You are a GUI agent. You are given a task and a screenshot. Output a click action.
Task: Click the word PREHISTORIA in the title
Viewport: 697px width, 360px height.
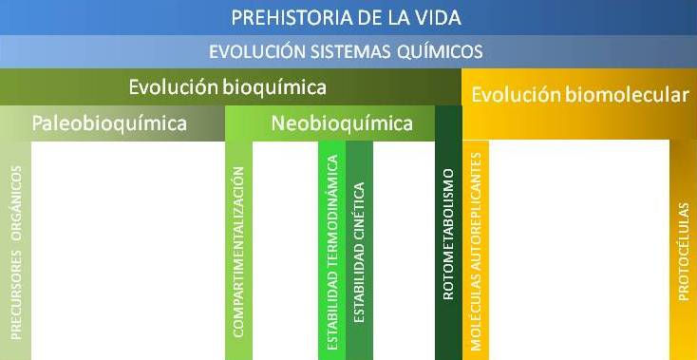click(x=284, y=18)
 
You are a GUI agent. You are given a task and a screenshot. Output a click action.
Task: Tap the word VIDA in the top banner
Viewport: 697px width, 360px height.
click(x=438, y=18)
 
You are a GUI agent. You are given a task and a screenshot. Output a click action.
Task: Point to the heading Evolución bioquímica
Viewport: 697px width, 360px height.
click(x=228, y=87)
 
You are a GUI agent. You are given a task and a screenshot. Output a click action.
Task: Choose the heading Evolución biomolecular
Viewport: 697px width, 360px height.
click(x=579, y=95)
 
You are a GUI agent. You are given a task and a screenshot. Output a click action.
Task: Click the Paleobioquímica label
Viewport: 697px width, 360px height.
click(x=109, y=123)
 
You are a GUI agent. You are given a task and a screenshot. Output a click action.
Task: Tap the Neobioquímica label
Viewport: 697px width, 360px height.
click(x=342, y=123)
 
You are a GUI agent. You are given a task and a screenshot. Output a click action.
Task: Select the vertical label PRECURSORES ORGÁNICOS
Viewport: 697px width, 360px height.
click(x=16, y=251)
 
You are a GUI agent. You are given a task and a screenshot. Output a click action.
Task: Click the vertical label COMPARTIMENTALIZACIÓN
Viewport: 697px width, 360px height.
click(x=238, y=252)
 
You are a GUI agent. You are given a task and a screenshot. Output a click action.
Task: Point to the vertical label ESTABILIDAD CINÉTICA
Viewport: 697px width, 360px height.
click(x=358, y=251)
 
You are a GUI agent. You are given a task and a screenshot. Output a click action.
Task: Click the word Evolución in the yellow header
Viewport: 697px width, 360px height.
click(x=513, y=95)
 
